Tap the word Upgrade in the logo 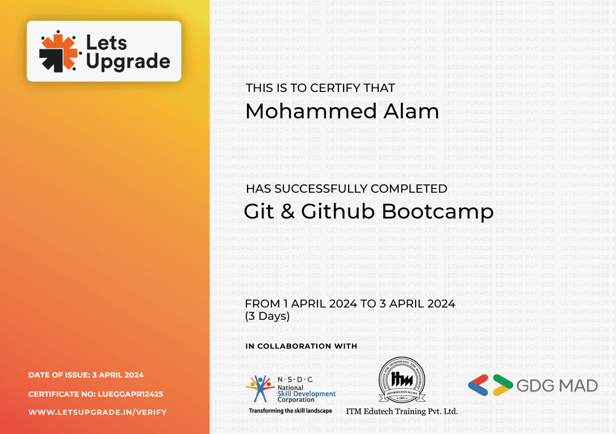coord(128,62)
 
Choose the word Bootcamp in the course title coord(438,212)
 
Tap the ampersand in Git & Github coord(287,212)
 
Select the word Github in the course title coord(338,212)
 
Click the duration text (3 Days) coord(267,317)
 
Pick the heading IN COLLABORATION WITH coord(301,346)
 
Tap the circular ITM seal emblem coord(402,380)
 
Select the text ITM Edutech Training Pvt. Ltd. coord(402,411)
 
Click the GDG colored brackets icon coord(489,385)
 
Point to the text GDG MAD coord(557,386)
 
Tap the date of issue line coord(86,375)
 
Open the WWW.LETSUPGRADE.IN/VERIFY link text coord(97,412)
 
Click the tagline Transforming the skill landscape coord(291,410)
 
